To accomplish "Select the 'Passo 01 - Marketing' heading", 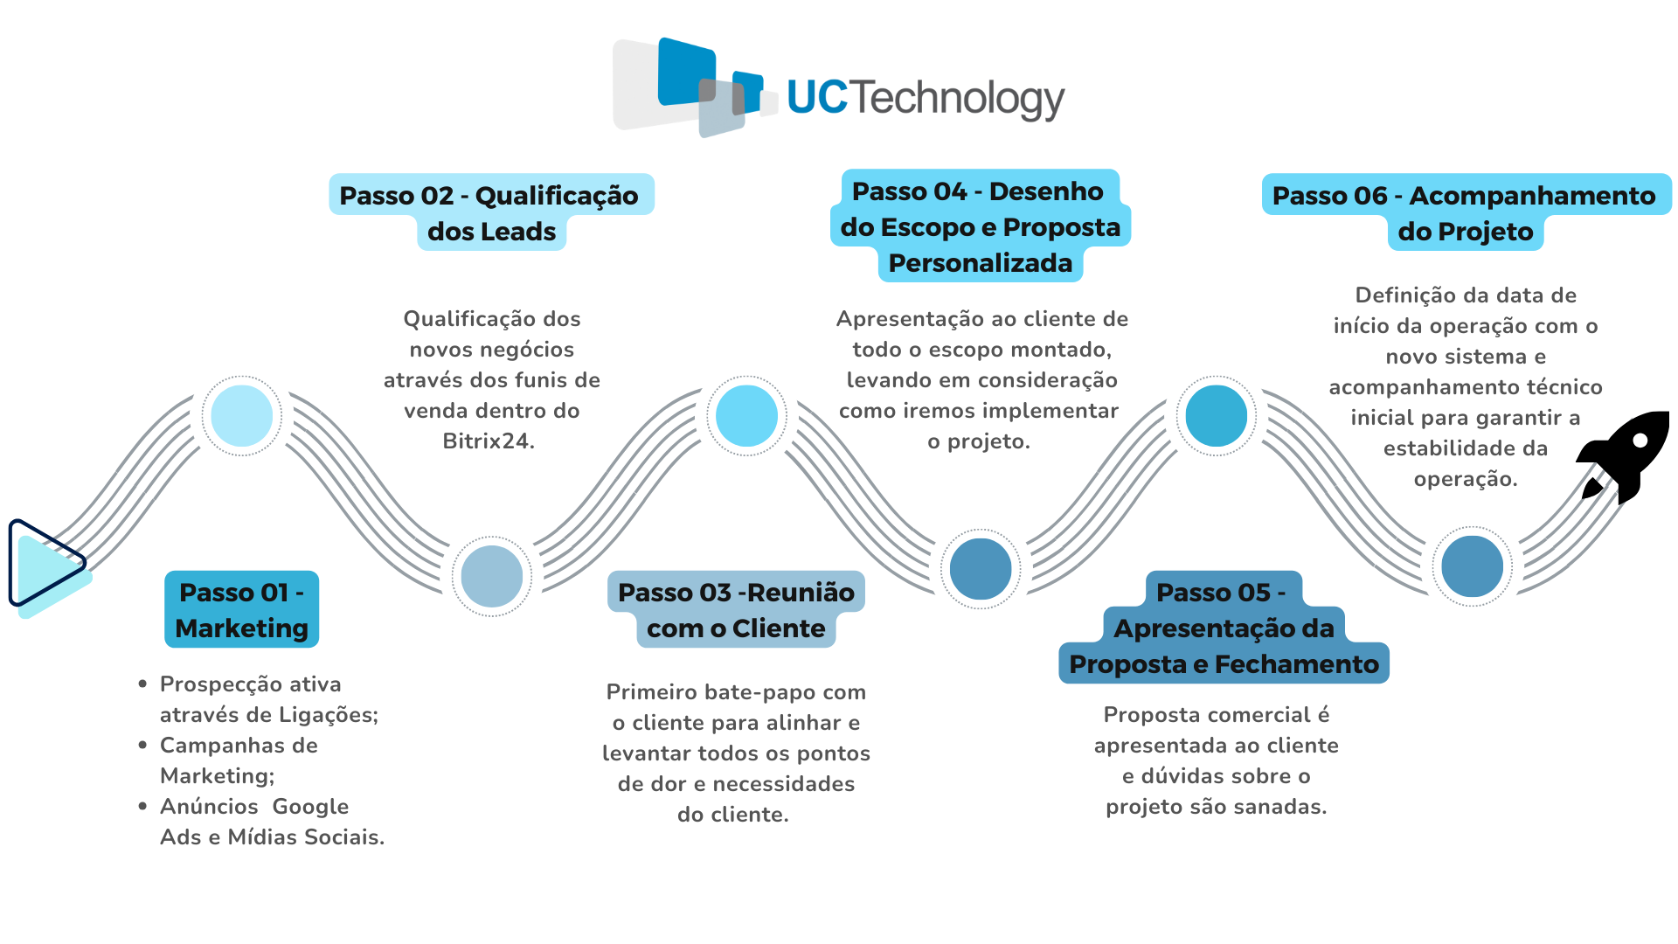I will coord(242,610).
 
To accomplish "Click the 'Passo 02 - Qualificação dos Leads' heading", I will coord(491,213).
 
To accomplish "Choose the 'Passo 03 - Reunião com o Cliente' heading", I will coord(736,610).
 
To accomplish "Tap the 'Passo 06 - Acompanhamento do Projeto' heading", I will coord(1465,213).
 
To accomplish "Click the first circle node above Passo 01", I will coord(242,416).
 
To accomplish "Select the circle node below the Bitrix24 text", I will coord(492,576).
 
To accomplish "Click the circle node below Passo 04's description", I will coord(981,569).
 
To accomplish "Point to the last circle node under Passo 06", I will coord(1472,566).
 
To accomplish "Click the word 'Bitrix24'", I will coord(488,441).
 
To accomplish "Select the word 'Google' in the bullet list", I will coord(310,807).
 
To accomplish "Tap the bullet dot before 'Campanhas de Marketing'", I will coord(142,745).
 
